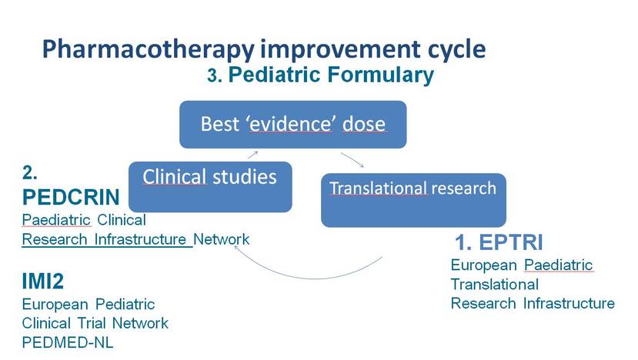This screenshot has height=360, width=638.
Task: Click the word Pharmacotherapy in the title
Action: (148, 50)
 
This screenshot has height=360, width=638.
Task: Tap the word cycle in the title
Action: (456, 51)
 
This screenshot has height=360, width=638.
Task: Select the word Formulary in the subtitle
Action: (381, 75)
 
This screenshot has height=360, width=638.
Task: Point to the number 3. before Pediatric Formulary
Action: (215, 75)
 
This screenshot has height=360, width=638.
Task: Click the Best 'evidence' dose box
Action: (293, 125)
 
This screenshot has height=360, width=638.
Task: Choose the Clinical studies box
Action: (210, 187)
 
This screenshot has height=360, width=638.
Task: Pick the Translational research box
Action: (413, 200)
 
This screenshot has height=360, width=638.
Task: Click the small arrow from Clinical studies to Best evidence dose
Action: (252, 155)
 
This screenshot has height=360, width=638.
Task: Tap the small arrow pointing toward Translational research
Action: (352, 160)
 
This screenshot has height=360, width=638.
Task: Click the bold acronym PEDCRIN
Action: (71, 197)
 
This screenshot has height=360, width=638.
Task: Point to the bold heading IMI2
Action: (43, 281)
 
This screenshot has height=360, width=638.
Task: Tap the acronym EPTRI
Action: (511, 242)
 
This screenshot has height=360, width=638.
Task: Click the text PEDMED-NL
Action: (68, 342)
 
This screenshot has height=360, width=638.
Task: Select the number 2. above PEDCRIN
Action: (30, 173)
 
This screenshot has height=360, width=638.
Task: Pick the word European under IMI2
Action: (55, 305)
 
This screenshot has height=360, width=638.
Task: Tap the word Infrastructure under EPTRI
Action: (569, 303)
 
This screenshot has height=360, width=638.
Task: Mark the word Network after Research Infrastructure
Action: (222, 239)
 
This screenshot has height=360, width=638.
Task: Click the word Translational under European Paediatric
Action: (495, 285)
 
